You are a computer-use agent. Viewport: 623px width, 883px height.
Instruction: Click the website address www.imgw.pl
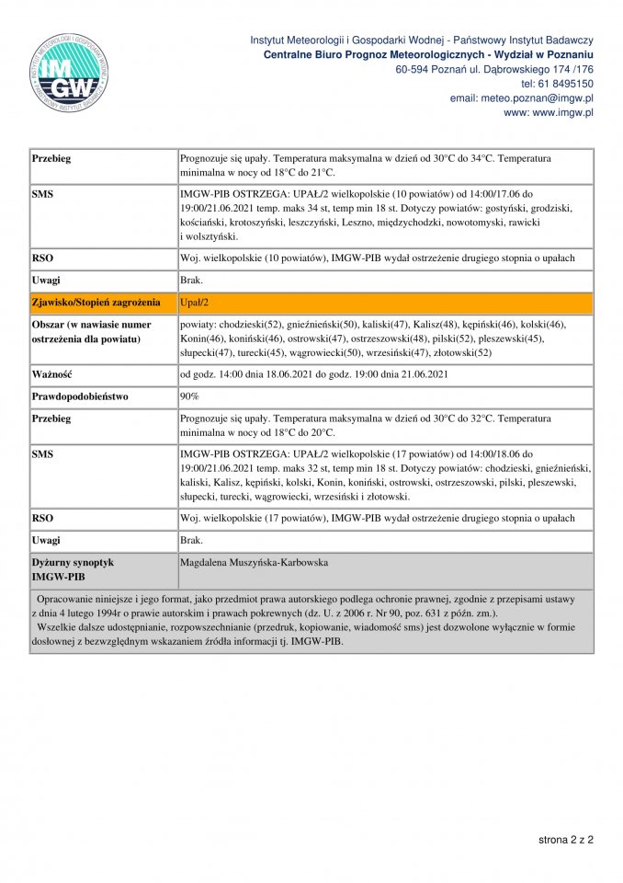[x=562, y=112]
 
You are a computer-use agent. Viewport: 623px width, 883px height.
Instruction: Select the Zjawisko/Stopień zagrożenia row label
[x=96, y=303]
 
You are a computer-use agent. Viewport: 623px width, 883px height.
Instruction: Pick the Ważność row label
[x=51, y=374]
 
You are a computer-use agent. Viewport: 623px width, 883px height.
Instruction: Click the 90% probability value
[x=189, y=396]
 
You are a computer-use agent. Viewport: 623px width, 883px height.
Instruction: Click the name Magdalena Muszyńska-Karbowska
[x=255, y=562]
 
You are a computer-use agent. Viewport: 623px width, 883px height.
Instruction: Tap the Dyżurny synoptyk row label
[x=73, y=562]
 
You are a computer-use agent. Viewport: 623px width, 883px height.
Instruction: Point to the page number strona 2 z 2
[x=566, y=840]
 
